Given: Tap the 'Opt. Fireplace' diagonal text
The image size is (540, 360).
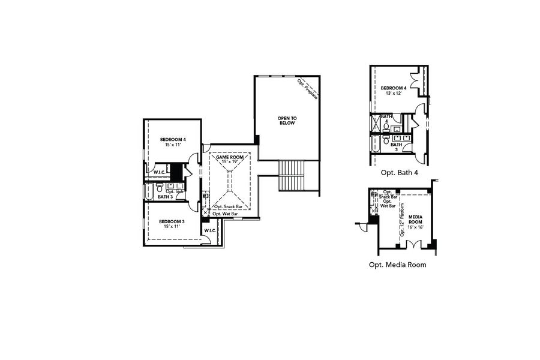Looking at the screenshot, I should point(307,89).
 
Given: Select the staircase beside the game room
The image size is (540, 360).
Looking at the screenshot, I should point(293,175).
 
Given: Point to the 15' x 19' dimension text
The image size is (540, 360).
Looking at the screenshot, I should point(226,162).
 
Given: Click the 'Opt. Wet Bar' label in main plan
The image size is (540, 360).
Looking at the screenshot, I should point(228,213).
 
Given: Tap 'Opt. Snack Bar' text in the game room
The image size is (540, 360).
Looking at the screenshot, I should point(229,206).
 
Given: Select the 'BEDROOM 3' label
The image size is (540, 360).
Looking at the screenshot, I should point(172,221).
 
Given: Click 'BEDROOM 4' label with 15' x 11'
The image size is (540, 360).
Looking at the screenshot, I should point(173,140).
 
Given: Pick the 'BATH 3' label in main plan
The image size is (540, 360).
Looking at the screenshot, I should point(165,196).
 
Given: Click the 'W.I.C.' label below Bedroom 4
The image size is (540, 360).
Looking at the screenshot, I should point(159,173).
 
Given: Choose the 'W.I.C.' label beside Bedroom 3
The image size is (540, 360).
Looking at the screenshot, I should point(209,230).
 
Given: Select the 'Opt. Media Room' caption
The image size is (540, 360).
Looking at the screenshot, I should point(397,264).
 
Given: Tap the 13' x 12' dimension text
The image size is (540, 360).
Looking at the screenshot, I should point(392,94).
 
